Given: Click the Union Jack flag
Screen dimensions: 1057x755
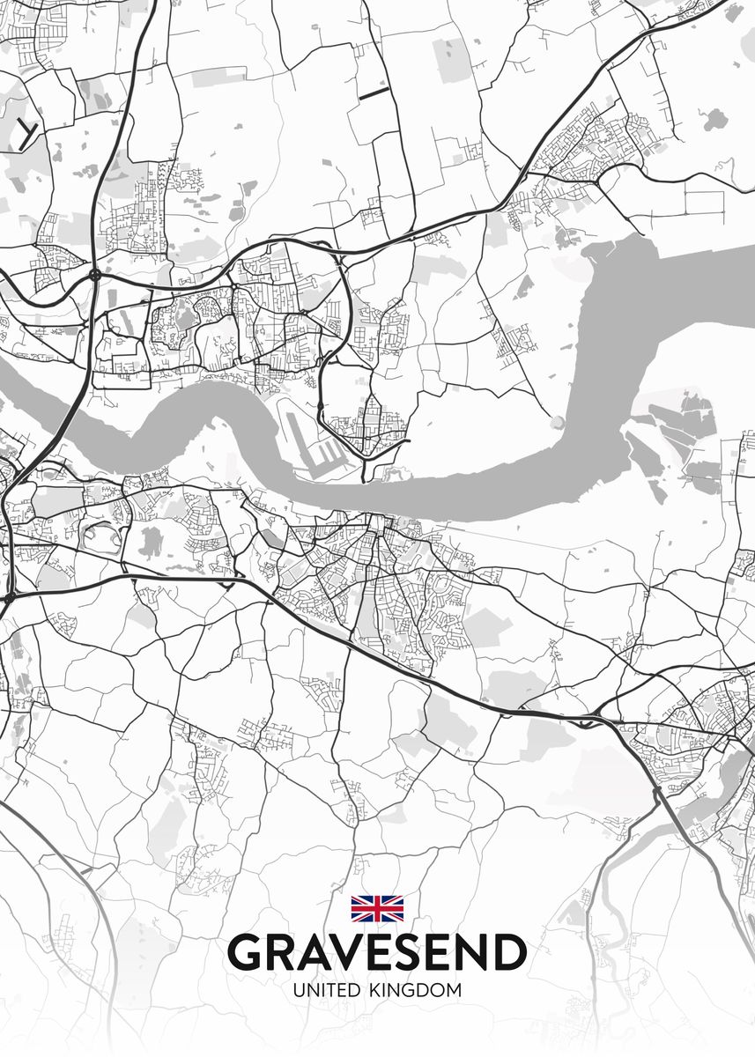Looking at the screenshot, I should (377, 908).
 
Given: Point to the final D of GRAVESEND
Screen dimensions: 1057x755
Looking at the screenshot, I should (508, 953).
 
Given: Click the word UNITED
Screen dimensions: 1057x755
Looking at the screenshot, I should (326, 990).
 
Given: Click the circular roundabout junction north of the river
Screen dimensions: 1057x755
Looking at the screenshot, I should (94, 275).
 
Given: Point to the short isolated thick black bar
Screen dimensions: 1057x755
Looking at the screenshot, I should (374, 91).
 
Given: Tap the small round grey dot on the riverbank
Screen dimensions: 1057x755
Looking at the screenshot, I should (557, 423).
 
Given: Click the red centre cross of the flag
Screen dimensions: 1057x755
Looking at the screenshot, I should (377, 908).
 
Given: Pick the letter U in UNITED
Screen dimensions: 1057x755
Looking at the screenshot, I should (298, 990).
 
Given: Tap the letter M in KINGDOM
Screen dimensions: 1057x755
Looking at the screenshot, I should (453, 990).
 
